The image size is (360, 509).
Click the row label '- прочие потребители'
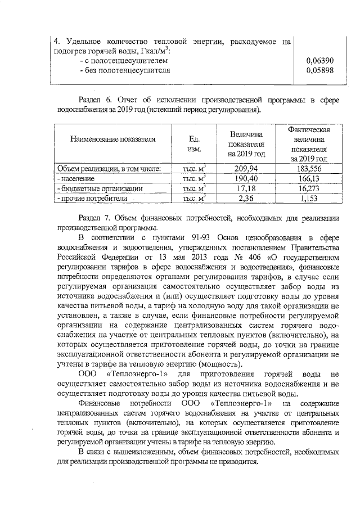click(89, 199)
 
